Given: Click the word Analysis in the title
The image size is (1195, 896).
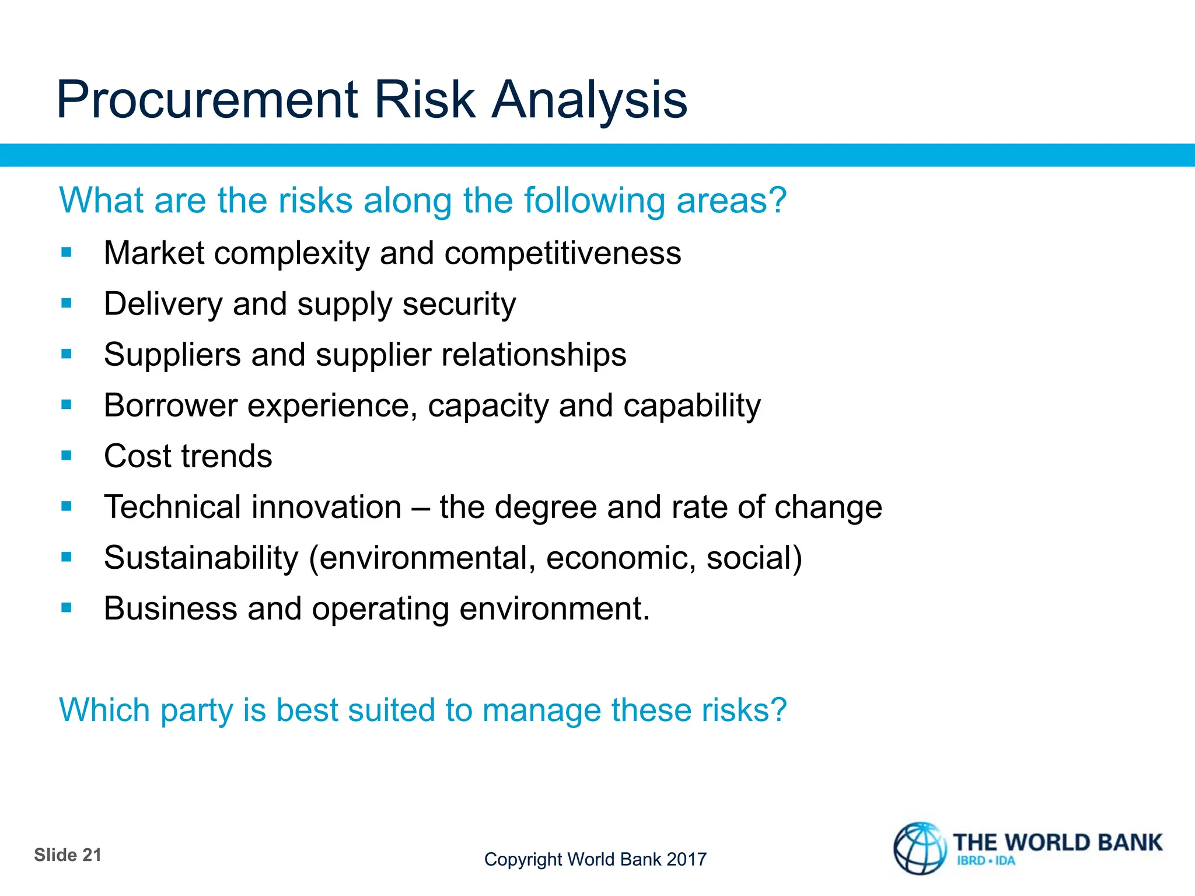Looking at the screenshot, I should [589, 100].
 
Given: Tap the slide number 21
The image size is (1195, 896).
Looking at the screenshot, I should [92, 855].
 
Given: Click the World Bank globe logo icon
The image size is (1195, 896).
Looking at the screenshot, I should [920, 849].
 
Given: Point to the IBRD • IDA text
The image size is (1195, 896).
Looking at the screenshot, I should [986, 861].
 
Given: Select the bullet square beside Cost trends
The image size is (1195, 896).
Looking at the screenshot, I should [67, 456].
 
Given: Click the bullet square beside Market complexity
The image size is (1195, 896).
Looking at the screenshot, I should [67, 253].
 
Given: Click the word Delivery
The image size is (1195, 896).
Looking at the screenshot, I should [163, 304].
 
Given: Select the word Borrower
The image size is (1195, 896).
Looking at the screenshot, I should [170, 405].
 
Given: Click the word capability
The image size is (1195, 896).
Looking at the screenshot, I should [692, 406].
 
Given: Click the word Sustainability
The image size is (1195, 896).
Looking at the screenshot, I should [201, 558].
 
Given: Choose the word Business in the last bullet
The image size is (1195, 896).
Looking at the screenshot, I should [170, 608].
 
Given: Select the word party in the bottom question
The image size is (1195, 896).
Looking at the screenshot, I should [197, 711].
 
